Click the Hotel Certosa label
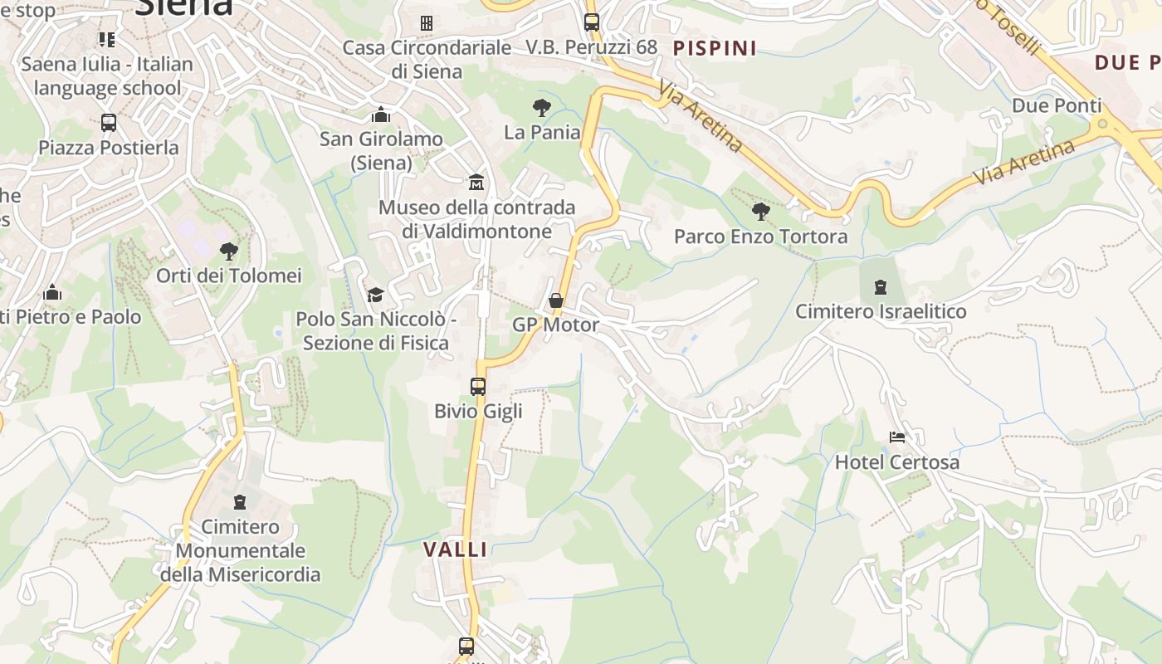point(896,462)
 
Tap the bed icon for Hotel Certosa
point(896,437)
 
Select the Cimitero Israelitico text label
point(881,311)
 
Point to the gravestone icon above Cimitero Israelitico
point(881,287)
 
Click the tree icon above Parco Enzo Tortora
point(760,212)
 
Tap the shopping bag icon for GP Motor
point(556,300)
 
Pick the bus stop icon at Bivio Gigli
point(478,386)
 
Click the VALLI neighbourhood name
point(456,549)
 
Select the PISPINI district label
point(715,48)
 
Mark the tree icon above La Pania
point(542,107)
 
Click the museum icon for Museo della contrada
point(476,182)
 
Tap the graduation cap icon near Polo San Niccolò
point(375,295)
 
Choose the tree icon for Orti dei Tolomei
point(229,251)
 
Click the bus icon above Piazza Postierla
point(109,123)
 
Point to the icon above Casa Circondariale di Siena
point(427,23)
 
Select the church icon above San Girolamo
point(381,115)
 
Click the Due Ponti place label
point(1057,105)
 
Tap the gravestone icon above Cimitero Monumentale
point(240,502)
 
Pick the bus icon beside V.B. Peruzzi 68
point(592,22)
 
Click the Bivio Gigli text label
point(478,411)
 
